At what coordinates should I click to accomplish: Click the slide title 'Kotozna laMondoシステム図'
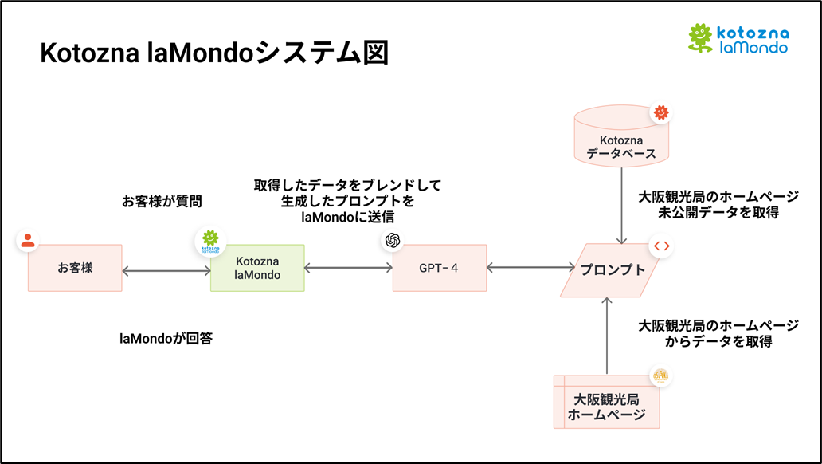coord(214,53)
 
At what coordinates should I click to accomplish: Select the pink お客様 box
coord(75,268)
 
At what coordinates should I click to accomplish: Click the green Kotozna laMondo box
coord(257,268)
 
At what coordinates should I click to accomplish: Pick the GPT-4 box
coord(439,268)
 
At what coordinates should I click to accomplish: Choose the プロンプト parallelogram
coord(613,270)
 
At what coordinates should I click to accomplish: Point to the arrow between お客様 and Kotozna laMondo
coord(166,270)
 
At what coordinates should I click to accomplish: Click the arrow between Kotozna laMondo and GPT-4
coord(348,269)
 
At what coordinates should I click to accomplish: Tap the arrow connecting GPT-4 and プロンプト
coord(530,269)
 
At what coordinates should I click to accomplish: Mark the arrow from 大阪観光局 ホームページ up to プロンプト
coord(607,336)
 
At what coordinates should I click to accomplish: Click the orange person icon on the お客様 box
coord(28,240)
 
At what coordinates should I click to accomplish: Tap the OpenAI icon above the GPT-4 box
coord(392,241)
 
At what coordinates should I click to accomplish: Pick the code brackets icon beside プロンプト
coord(661,246)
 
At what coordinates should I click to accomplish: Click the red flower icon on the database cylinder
coord(660,113)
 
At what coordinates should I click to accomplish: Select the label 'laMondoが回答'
coord(166,338)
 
